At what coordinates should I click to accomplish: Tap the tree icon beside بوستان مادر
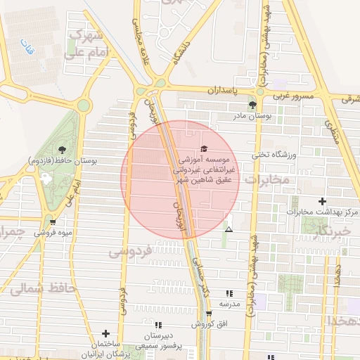click(x=252, y=105)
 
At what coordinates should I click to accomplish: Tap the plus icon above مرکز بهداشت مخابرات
click(x=322, y=201)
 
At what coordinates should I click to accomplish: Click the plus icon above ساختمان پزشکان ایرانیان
click(x=106, y=333)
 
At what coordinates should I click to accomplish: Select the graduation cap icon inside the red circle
click(x=204, y=148)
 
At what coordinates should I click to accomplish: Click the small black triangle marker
click(x=229, y=229)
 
